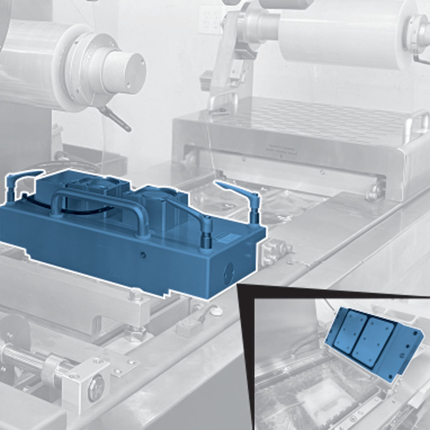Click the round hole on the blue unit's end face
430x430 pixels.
pyautogui.click(x=229, y=270)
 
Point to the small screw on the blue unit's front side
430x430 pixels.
pyautogui.click(x=144, y=255)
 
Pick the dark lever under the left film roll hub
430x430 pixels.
pyautogui.click(x=114, y=118)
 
